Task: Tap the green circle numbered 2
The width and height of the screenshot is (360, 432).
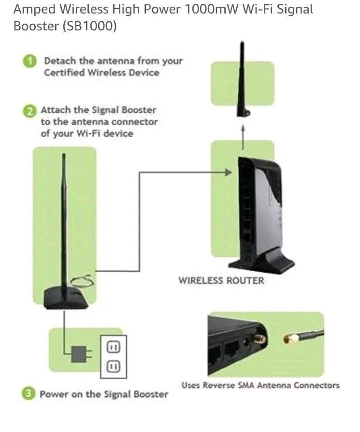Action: (29, 111)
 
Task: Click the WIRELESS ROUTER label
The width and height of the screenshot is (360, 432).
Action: (221, 280)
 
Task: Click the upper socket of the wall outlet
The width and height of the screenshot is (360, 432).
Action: (113, 347)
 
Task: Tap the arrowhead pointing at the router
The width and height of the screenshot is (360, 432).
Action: (229, 172)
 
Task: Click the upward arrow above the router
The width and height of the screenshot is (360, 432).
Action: (243, 133)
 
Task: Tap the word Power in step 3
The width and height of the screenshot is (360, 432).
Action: (55, 394)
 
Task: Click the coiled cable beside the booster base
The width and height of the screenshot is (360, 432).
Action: (82, 281)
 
